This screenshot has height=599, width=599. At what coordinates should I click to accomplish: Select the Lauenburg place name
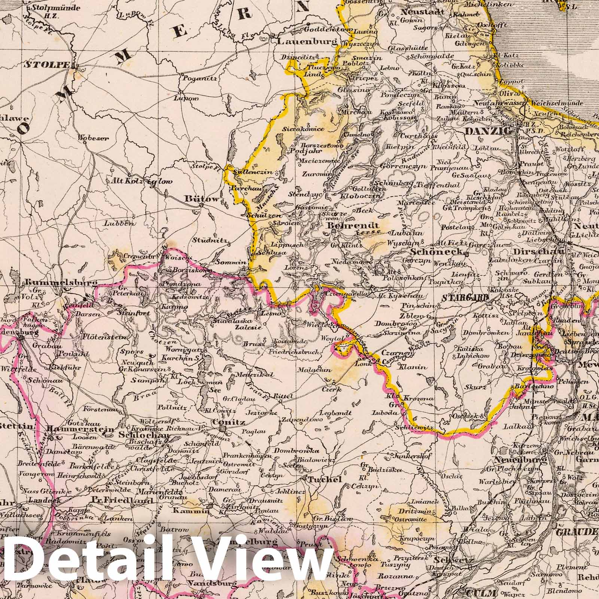coord(307,42)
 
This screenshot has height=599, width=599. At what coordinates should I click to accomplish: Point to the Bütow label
coord(202,199)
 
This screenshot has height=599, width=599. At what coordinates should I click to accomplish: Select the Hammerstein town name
coord(80,429)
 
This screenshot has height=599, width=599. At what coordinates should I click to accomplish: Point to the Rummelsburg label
coord(61,283)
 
